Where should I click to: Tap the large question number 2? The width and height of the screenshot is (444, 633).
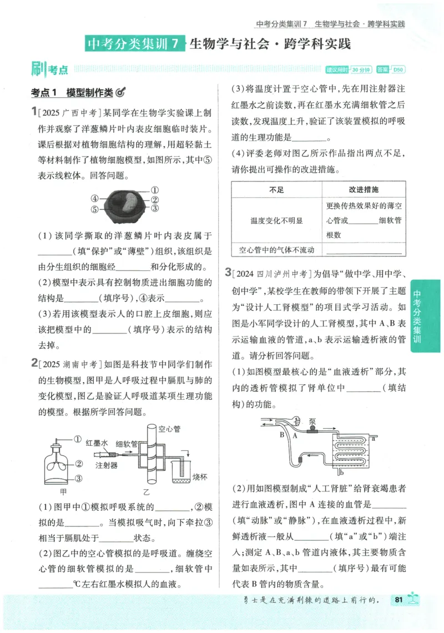click(x=34, y=364)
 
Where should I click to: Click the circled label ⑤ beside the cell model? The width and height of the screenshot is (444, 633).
click(x=95, y=209)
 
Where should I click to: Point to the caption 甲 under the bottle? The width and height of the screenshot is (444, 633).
click(x=63, y=492)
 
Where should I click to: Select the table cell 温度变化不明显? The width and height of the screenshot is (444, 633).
click(x=276, y=220)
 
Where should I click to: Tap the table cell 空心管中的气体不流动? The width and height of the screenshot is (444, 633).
click(x=276, y=250)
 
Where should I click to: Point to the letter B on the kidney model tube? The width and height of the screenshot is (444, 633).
click(x=281, y=435)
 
